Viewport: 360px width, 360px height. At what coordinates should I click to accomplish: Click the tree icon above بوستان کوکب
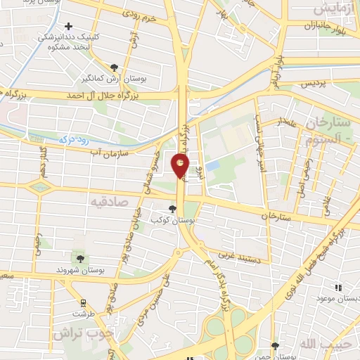click(x=174, y=208)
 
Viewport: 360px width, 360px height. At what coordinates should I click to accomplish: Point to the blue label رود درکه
click(x=75, y=140)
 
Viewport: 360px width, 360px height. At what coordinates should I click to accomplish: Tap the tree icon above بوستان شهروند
click(x=77, y=258)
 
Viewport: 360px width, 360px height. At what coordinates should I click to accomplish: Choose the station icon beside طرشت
click(x=84, y=303)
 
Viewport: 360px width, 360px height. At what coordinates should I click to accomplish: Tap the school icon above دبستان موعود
click(x=338, y=287)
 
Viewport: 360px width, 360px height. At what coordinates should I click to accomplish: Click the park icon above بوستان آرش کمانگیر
click(x=114, y=67)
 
